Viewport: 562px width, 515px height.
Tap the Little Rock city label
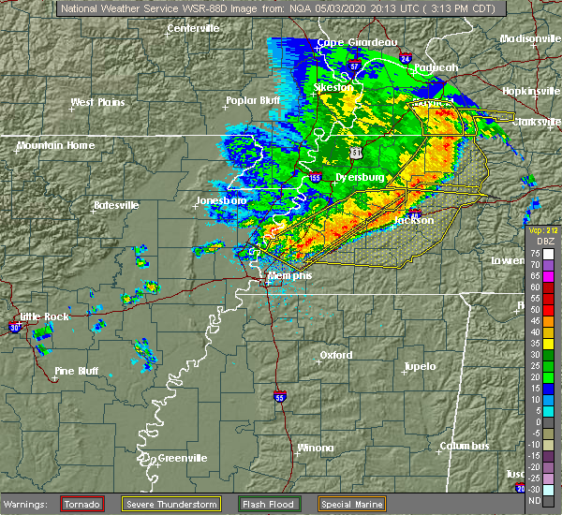pos(45,316)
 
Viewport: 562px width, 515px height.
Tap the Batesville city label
pos(116,205)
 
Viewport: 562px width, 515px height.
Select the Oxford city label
pos(335,355)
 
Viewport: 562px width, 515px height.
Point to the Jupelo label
pos(421,366)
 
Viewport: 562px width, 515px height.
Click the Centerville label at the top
pos(193,28)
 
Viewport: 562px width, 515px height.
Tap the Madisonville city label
pos(529,38)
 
